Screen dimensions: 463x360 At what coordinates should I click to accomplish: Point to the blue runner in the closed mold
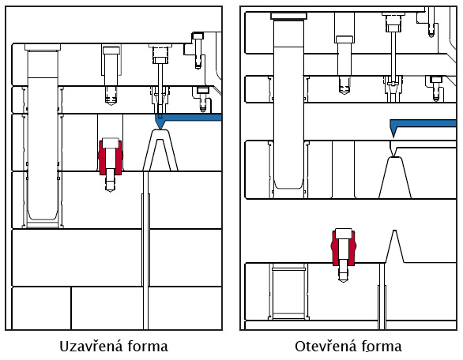189,118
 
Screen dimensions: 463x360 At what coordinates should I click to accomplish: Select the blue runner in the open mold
423,124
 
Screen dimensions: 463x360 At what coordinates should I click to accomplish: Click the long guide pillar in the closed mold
43,136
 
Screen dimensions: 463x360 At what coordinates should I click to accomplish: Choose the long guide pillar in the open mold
288,100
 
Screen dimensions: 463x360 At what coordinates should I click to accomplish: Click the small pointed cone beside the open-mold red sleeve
395,246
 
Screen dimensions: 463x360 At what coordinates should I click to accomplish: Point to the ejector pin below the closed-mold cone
145,251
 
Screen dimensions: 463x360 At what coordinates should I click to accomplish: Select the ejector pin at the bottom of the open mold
382,296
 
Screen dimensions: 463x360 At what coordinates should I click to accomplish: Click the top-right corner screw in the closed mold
198,51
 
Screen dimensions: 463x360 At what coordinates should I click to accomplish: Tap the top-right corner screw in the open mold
431,22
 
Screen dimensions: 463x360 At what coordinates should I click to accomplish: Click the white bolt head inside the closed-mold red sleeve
110,143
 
